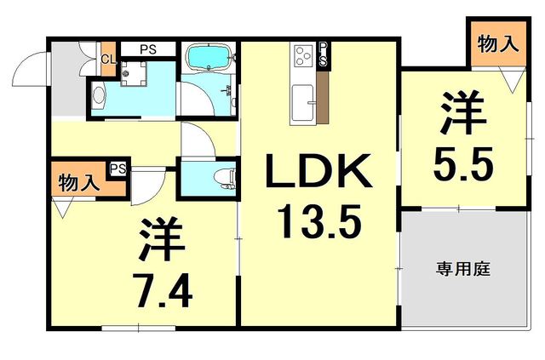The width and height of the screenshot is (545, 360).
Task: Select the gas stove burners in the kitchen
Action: coord(303,58)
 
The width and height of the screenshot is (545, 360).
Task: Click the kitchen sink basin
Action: coord(303,106)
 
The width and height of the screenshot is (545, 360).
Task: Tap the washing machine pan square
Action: coord(132,75)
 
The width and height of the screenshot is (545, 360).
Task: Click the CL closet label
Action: coord(107,59)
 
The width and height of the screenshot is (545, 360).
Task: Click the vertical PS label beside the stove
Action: coord(324,54)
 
